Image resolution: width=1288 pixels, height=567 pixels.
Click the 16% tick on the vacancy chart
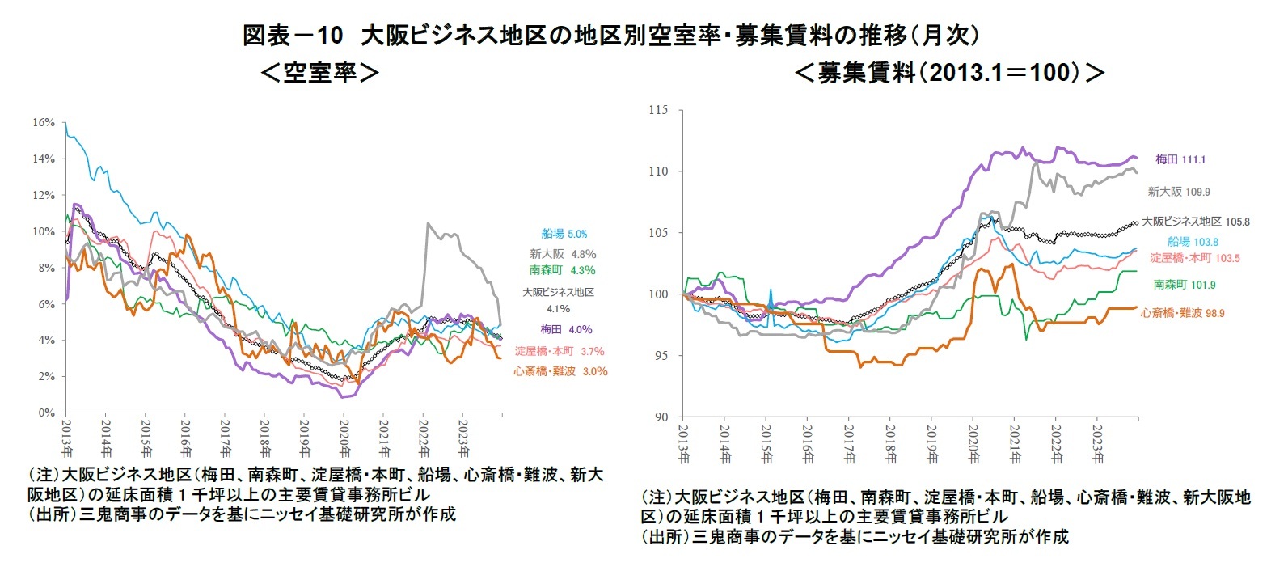[44, 123]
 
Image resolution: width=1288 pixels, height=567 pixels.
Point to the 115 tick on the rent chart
[658, 110]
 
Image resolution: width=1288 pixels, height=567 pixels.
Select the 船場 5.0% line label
[564, 234]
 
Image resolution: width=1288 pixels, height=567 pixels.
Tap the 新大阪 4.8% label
[563, 254]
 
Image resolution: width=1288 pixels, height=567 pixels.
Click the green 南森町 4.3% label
[563, 270]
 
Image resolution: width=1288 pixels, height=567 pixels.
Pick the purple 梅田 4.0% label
[566, 329]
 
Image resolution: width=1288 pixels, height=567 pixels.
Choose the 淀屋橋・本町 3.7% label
[560, 351]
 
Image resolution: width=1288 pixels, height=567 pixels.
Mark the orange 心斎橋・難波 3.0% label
[560, 371]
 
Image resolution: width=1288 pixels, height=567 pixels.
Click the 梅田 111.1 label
[1180, 159]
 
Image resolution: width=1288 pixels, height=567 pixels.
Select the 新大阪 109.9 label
[1179, 192]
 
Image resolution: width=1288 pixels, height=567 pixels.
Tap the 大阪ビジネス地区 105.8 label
[1195, 222]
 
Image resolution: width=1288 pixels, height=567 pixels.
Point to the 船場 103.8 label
[1193, 242]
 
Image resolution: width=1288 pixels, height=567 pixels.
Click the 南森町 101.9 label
[1185, 285]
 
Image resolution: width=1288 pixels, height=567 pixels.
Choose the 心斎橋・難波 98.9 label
[1182, 313]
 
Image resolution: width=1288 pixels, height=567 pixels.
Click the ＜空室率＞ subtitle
[320, 73]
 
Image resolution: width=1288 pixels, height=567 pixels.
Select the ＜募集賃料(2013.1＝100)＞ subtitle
[950, 73]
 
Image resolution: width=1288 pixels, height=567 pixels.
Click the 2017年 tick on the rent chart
[849, 444]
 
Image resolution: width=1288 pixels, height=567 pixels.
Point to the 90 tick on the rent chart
[661, 417]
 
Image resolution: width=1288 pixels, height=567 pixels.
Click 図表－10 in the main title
[293, 36]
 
